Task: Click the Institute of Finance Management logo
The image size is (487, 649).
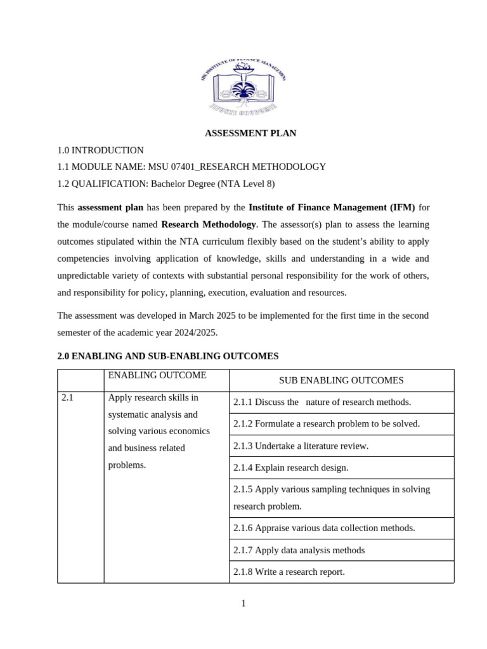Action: (x=243, y=88)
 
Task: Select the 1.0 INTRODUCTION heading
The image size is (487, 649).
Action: (x=100, y=150)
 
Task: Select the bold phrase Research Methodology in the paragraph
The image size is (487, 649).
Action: (x=209, y=224)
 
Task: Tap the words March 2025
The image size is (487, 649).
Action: (x=214, y=316)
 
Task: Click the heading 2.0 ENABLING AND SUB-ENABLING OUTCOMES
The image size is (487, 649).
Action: (x=167, y=356)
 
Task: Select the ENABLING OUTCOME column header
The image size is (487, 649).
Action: (x=157, y=375)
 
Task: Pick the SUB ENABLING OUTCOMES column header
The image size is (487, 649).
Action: (x=341, y=380)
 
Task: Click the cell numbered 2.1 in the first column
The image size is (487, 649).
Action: (x=68, y=398)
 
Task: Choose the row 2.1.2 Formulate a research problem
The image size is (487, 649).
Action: (x=326, y=424)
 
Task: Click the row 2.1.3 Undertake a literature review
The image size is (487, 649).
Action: (x=301, y=446)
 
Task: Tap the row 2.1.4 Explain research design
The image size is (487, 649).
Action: (x=290, y=468)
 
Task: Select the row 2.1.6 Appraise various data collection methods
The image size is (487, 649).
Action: (x=324, y=528)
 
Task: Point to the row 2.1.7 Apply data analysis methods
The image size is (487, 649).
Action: (x=299, y=550)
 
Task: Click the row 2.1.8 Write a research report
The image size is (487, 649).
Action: (x=289, y=572)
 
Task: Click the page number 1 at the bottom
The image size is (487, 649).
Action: (x=243, y=603)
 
